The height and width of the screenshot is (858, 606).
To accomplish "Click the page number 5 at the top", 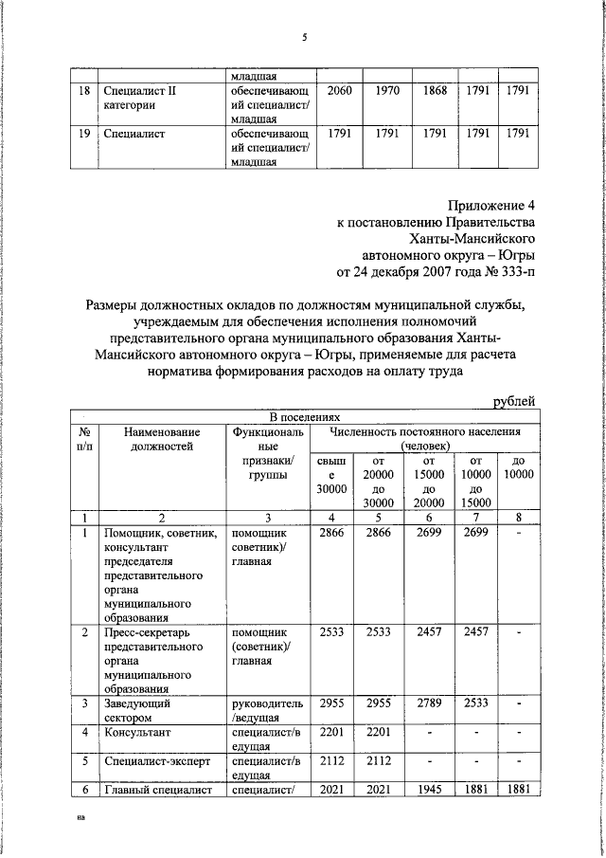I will pyautogui.click(x=304, y=38).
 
